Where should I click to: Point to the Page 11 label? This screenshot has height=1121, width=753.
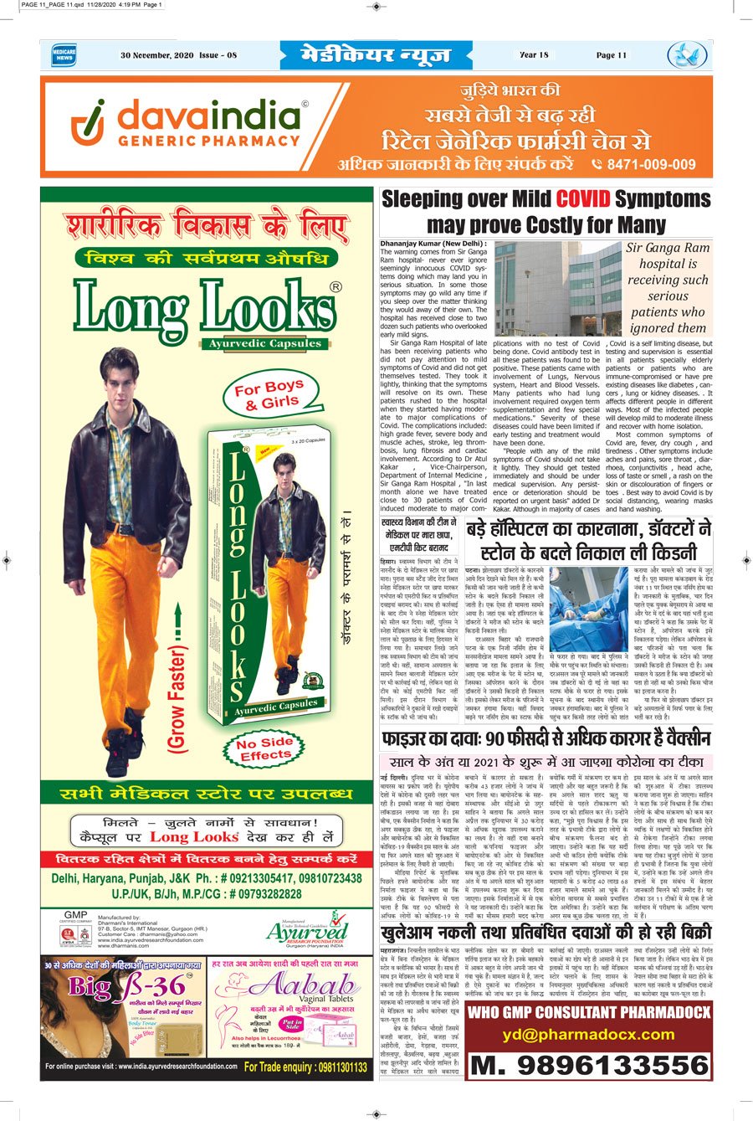pos(611,55)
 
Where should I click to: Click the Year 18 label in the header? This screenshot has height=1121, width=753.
pos(533,55)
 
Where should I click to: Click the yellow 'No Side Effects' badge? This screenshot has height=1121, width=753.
pos(264,749)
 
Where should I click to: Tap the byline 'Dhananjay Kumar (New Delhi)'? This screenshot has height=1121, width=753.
pos(426,243)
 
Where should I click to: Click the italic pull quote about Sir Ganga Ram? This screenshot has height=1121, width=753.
pos(668,287)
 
